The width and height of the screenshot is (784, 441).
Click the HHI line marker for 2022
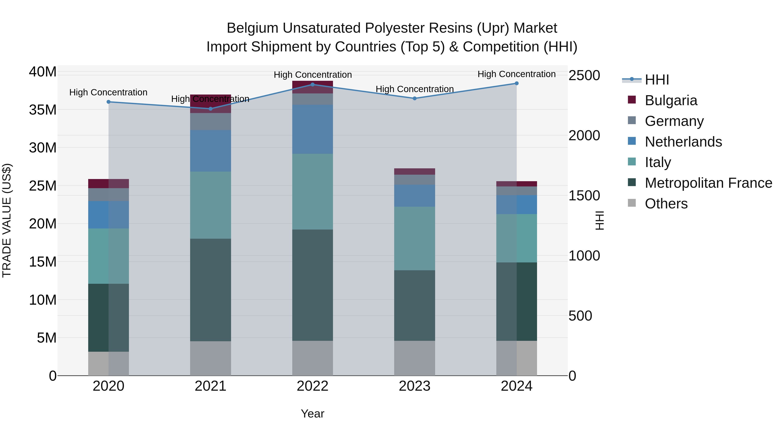[x=313, y=85]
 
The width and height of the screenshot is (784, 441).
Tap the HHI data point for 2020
[x=108, y=102]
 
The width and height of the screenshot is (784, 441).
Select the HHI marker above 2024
[x=517, y=83]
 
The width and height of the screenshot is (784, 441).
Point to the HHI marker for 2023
[x=414, y=98]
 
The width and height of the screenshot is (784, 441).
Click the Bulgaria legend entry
[x=671, y=100]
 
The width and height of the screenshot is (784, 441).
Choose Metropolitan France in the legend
[x=708, y=183]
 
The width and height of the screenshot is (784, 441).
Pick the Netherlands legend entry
[x=683, y=142]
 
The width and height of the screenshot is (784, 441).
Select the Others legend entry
[x=666, y=204]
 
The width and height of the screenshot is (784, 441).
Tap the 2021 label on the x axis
[x=210, y=386]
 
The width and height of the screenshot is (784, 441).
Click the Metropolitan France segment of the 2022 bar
[x=313, y=285]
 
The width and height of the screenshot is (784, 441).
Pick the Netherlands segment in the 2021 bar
[x=210, y=151]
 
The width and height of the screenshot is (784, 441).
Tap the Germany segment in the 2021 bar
[x=210, y=122]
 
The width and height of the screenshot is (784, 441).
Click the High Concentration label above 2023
[x=414, y=89]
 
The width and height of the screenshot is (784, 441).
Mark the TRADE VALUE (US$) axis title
[x=7, y=220]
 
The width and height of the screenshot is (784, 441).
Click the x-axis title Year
[x=313, y=414]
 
